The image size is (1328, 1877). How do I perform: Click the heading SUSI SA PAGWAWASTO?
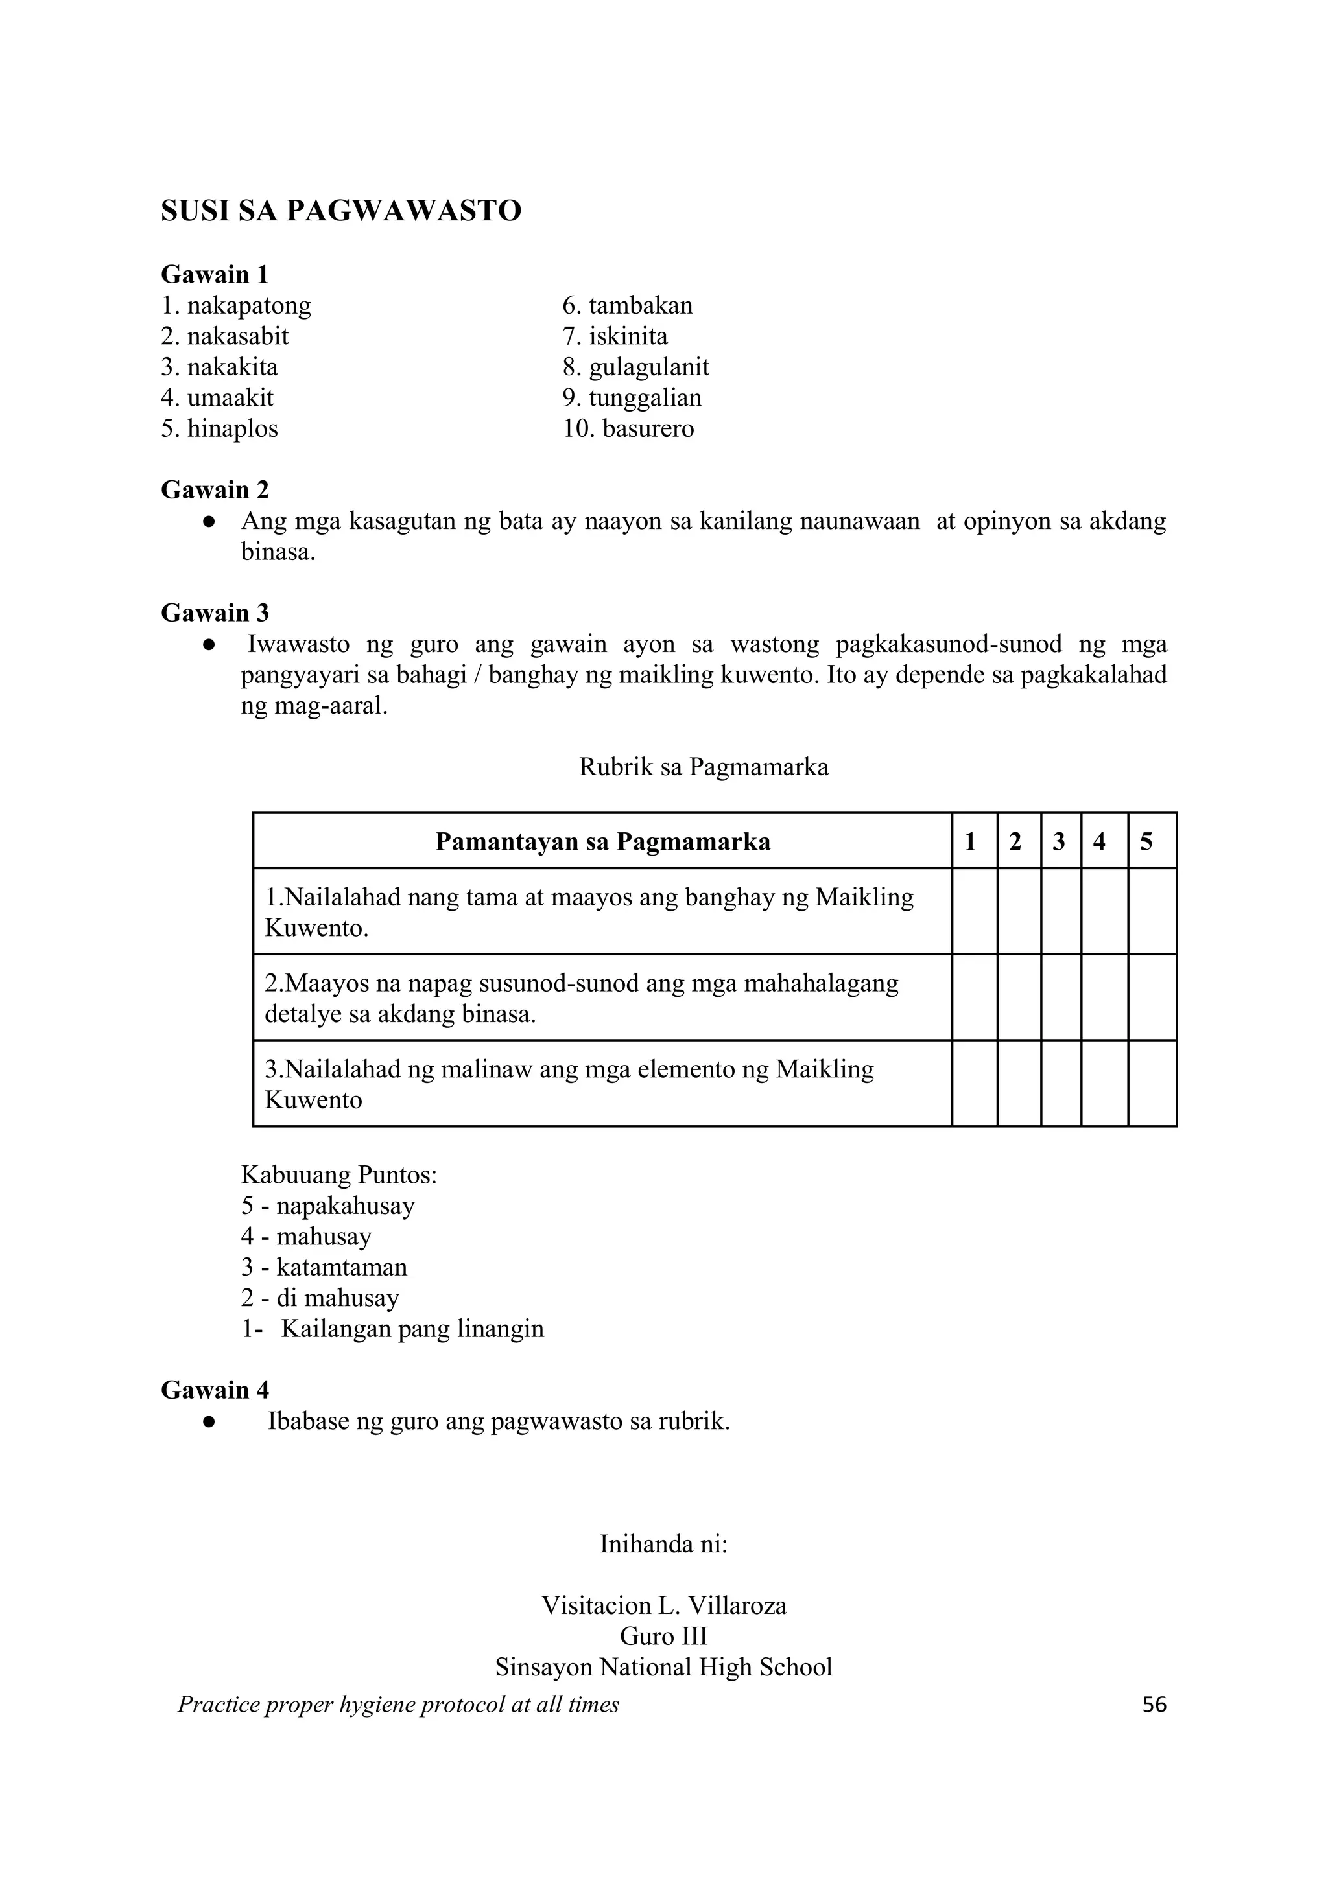click(x=341, y=211)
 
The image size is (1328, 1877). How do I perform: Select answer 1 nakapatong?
click(x=236, y=306)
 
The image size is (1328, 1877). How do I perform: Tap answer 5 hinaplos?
click(x=219, y=428)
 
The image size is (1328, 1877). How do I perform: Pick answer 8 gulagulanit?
click(x=635, y=367)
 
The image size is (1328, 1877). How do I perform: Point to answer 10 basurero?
click(x=628, y=428)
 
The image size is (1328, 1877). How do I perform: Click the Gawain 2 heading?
click(x=214, y=490)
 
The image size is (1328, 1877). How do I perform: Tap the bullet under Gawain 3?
click(x=209, y=645)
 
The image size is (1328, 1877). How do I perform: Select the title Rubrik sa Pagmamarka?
click(x=704, y=767)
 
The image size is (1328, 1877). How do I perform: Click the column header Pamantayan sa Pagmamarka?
click(x=602, y=841)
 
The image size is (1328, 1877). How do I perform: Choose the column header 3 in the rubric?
click(x=1059, y=841)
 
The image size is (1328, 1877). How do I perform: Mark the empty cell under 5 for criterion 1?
click(x=1152, y=911)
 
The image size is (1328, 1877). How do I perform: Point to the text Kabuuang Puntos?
click(x=338, y=1176)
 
